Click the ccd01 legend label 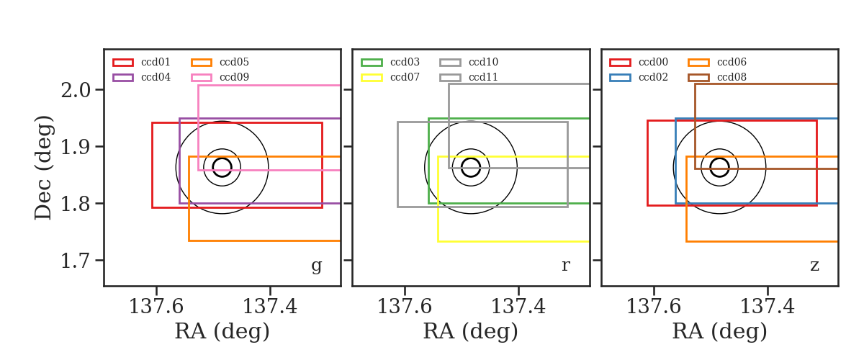(x=156, y=62)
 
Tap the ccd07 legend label (x=405, y=77)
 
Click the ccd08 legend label (x=732, y=77)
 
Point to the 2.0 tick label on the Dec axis (x=76, y=90)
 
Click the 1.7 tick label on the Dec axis (x=76, y=261)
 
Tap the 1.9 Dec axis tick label (x=76, y=147)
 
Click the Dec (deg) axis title (x=42, y=168)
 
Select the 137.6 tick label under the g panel (x=156, y=307)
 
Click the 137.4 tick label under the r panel (x=518, y=307)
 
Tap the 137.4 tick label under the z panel (x=768, y=307)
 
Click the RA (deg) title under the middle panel (x=471, y=332)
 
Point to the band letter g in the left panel (x=316, y=266)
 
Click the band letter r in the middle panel (x=565, y=265)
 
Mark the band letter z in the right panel (x=814, y=265)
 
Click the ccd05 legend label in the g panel (x=234, y=62)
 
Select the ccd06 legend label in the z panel (x=732, y=62)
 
